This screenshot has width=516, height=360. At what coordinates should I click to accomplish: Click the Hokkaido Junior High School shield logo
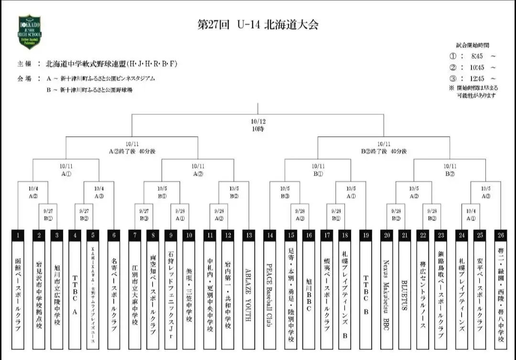tap(30, 32)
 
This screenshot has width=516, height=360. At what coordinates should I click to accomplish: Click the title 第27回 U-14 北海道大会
tap(258, 25)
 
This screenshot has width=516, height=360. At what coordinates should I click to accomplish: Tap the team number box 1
tap(18, 235)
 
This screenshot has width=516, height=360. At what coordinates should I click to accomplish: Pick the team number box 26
tap(500, 235)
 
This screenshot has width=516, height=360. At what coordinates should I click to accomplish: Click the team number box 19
tap(365, 235)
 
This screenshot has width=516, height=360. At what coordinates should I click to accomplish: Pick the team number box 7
tap(135, 235)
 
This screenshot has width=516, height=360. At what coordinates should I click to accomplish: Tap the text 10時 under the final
tap(258, 129)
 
